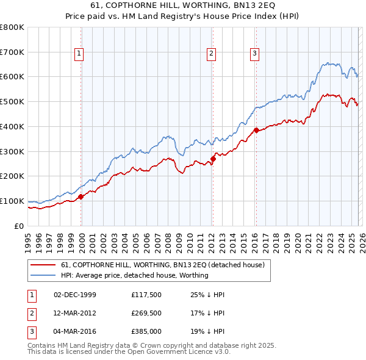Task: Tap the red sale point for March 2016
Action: pyautogui.click(x=256, y=130)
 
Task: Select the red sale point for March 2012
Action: pyautogui.click(x=213, y=159)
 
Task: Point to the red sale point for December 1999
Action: pyautogui.click(x=81, y=196)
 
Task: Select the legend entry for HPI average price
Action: pyautogui.click(x=135, y=275)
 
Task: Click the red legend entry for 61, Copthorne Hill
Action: pyautogui.click(x=162, y=265)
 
